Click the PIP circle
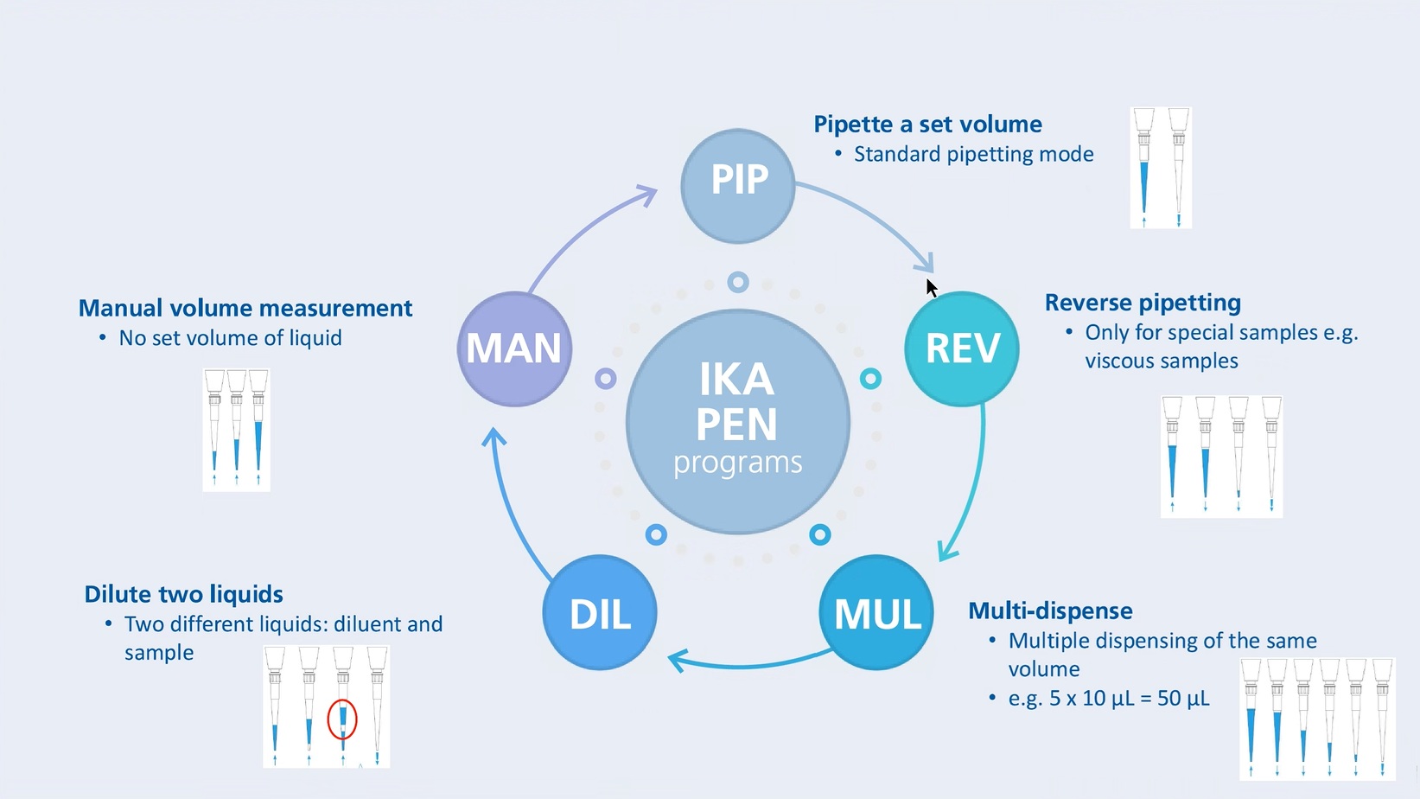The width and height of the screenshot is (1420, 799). pyautogui.click(x=737, y=185)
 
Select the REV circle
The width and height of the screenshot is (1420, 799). pyautogui.click(x=961, y=348)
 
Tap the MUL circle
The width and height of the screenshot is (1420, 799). pyautogui.click(x=876, y=612)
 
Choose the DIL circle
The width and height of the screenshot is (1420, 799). pyautogui.click(x=600, y=612)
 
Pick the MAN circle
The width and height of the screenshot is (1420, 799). pyautogui.click(x=514, y=348)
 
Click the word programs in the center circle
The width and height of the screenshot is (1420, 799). pyautogui.click(x=737, y=463)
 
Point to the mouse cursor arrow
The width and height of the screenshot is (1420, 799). pyautogui.click(x=931, y=287)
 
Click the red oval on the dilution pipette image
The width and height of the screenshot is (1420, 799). pyautogui.click(x=342, y=719)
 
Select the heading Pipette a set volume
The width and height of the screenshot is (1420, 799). pyautogui.click(x=927, y=125)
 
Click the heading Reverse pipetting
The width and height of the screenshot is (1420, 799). pyautogui.click(x=1143, y=303)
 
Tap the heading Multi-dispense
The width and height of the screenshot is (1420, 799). pyautogui.click(x=1050, y=611)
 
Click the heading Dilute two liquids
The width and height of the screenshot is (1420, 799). pyautogui.click(x=183, y=595)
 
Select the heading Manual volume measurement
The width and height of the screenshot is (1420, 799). pyautogui.click(x=245, y=309)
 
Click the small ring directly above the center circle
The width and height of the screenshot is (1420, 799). pyautogui.click(x=737, y=282)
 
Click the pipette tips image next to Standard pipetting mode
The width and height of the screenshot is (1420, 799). pyautogui.click(x=1161, y=168)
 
